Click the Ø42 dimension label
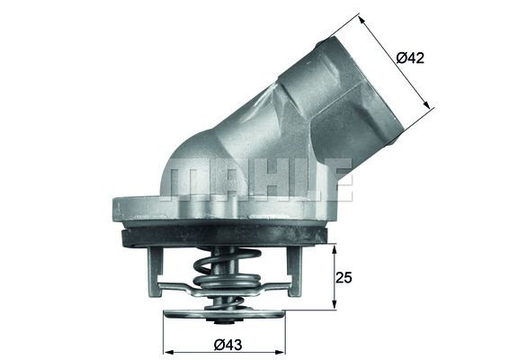pos(409,58)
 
